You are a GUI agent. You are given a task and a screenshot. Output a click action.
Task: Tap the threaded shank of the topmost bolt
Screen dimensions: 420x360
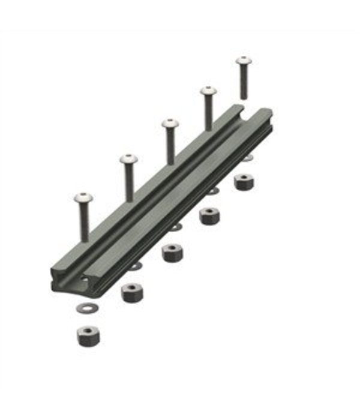coord(243,82)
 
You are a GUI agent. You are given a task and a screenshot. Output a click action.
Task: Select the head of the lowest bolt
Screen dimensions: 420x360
coord(83,197)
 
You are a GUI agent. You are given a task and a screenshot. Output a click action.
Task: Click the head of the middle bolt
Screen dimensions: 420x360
coord(170,124)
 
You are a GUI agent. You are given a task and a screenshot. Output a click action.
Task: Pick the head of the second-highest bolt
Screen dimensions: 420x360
coord(208,91)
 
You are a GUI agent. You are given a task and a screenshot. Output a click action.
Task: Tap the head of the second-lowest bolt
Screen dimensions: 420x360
coord(128,160)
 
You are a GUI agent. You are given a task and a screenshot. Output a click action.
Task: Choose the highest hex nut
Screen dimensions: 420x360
coord(244,181)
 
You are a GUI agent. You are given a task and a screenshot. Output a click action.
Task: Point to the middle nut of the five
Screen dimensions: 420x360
coord(172,252)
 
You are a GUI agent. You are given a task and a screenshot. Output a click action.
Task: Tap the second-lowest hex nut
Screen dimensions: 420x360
coord(132,292)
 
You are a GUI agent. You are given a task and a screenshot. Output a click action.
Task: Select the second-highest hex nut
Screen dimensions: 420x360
coord(209,215)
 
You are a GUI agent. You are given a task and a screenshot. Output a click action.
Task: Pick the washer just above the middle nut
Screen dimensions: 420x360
coord(175,227)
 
